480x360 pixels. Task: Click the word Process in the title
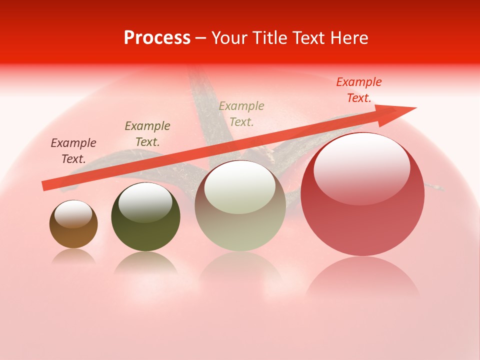pyautogui.click(x=157, y=38)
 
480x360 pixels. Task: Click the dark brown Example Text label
pyautogui.click(x=73, y=151)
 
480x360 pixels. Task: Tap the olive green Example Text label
pyautogui.click(x=147, y=134)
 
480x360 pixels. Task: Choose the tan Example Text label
pyautogui.click(x=241, y=114)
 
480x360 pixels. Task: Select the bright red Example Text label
pyautogui.click(x=359, y=90)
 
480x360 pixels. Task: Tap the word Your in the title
pyautogui.click(x=231, y=38)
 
